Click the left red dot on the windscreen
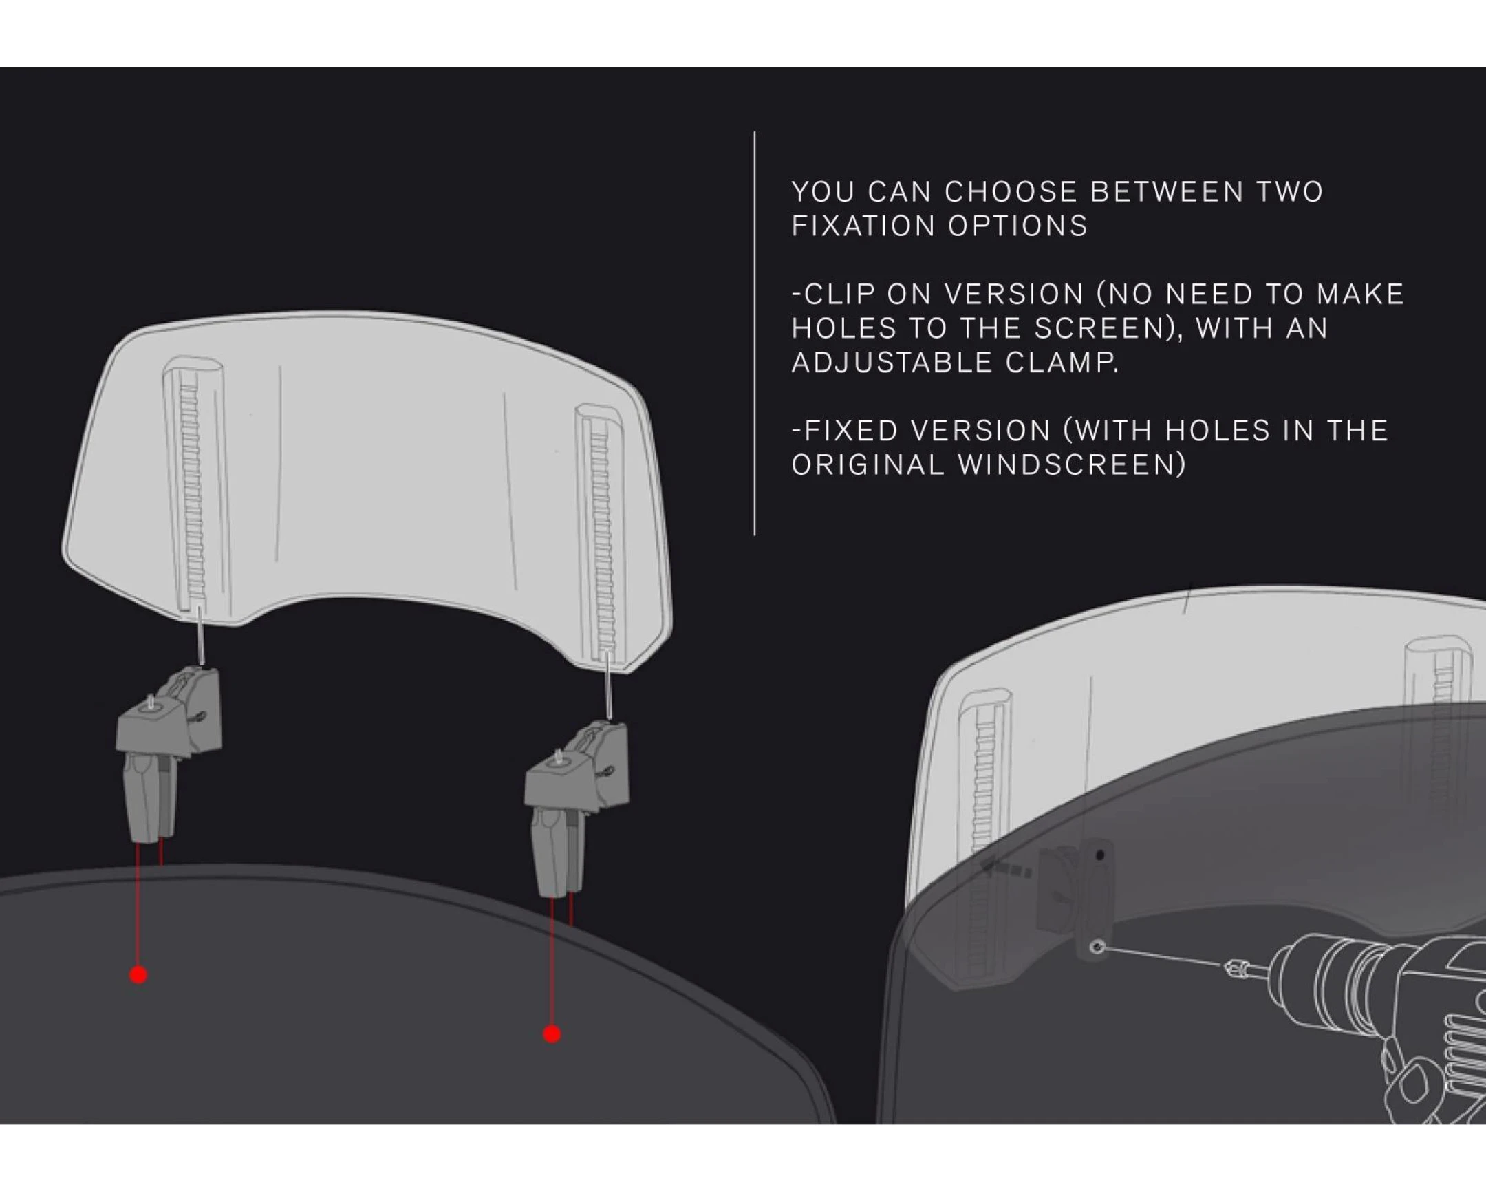138,974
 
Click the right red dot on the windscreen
551,1034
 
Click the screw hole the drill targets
1098,947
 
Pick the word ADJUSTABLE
891,362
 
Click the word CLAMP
1061,362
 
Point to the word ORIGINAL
867,464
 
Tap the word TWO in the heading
1290,191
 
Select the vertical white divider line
755,333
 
